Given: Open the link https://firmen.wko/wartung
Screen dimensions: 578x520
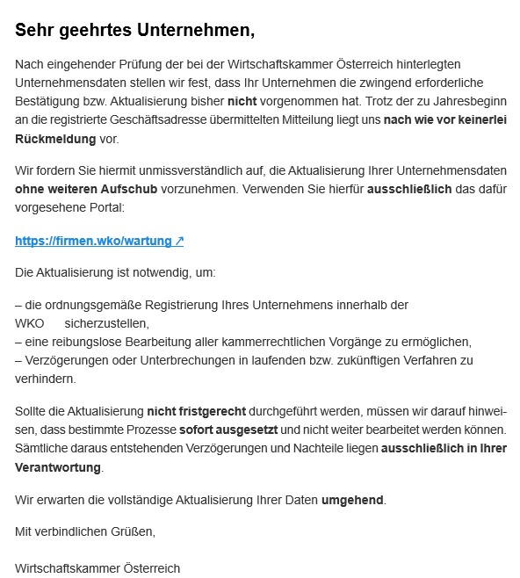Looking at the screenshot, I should click(x=93, y=240).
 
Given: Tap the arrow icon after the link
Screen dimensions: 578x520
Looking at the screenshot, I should click(x=178, y=240).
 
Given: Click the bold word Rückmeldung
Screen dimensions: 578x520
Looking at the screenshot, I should click(x=54, y=140).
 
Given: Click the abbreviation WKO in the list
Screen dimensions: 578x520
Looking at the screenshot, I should click(x=30, y=323).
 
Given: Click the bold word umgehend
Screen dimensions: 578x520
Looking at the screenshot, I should click(x=352, y=500).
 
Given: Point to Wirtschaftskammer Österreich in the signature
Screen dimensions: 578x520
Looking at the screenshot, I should click(x=97, y=567).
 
